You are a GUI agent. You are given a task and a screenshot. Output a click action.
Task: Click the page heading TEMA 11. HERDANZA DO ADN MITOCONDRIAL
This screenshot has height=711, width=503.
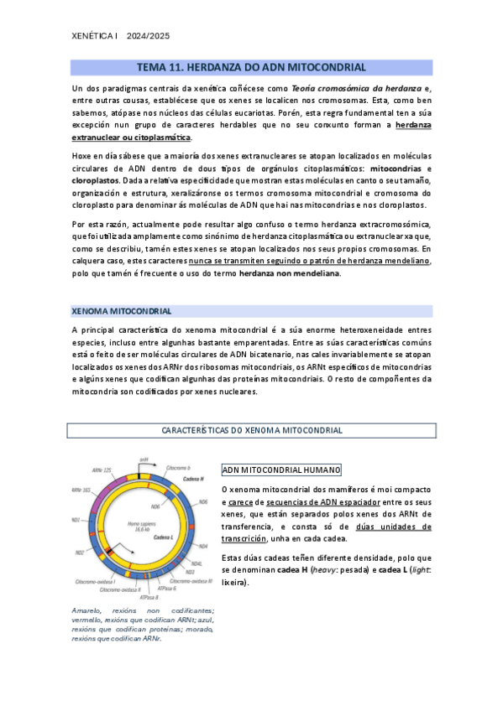pos(251,67)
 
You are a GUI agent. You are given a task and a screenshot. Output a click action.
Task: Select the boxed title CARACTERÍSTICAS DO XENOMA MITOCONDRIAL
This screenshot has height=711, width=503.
pos(251,430)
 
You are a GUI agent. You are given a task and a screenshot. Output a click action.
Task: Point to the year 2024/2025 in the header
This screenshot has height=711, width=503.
pos(148,35)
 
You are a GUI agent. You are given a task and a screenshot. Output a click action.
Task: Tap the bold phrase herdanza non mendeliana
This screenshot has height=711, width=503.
pos(290,273)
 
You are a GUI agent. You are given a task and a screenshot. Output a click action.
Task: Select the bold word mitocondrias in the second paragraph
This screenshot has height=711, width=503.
pos(405,168)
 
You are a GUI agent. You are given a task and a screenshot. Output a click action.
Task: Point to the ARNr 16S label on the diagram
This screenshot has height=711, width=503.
pos(81,489)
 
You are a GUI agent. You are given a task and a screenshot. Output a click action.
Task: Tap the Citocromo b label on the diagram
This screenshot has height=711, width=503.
pos(176,467)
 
